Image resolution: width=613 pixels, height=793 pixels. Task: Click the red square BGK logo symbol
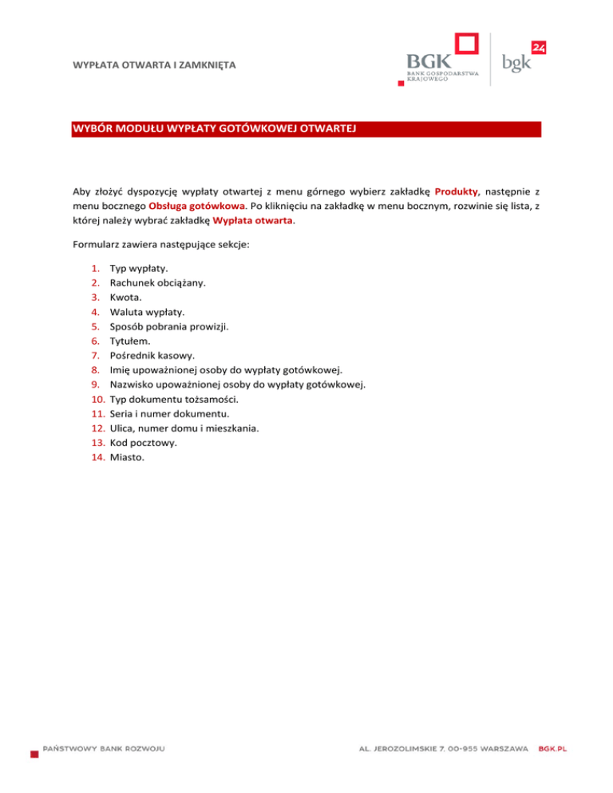point(466,45)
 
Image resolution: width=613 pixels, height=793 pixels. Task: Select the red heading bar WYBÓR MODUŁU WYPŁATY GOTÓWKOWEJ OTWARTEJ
point(306,129)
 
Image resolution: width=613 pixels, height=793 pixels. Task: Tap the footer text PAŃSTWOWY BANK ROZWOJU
point(104,749)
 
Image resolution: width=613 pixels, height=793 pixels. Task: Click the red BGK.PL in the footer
point(553,749)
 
